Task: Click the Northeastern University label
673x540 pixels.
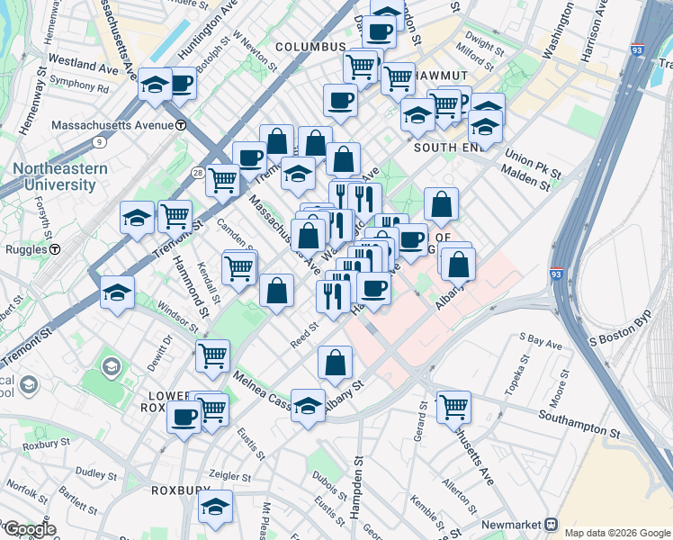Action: pos(60,176)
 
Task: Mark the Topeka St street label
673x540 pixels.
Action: pos(524,369)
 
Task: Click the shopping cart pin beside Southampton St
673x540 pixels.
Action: pos(453,407)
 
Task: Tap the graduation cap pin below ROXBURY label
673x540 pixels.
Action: pos(216,508)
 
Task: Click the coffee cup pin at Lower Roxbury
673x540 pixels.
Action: pos(184,418)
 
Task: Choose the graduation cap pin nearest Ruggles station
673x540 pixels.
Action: pos(118,292)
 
